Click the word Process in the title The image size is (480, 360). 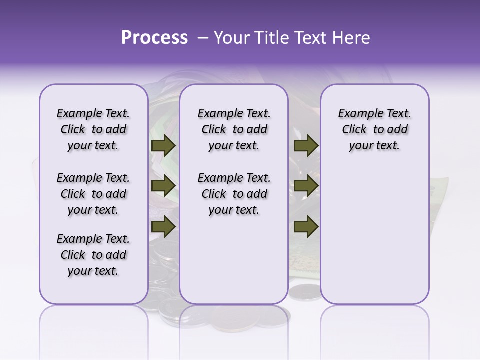[x=154, y=38]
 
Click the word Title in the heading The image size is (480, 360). [x=270, y=38]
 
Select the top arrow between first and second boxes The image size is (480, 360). [x=163, y=146]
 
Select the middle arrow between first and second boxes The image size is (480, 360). [x=163, y=186]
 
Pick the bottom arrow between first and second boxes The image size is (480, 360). [x=163, y=227]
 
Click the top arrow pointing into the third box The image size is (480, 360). [x=306, y=146]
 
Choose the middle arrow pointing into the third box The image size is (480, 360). [x=306, y=186]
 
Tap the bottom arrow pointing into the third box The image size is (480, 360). [x=306, y=227]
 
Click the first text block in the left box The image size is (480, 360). [x=93, y=129]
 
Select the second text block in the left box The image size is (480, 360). [x=93, y=194]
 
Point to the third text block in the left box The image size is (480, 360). [x=93, y=255]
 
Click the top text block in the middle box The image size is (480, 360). [x=234, y=129]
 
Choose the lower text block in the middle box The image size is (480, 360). [x=234, y=194]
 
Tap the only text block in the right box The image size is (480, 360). [x=374, y=129]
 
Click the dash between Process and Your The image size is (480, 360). [x=203, y=38]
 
